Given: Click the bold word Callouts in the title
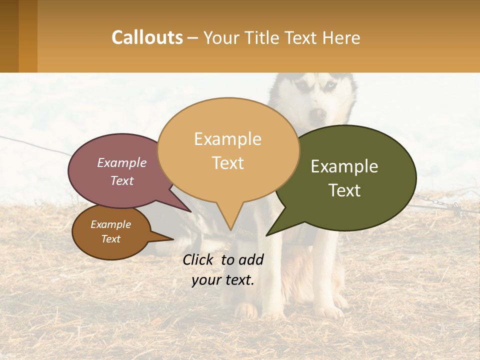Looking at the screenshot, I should pos(147,37).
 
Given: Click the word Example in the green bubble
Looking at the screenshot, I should pos(344,166).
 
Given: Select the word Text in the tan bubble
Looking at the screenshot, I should pos(228,163).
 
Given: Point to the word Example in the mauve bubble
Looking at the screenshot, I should pos(122,162).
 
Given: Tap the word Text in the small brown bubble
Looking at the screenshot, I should pos(111,239).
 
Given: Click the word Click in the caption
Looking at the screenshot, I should pos(198,259).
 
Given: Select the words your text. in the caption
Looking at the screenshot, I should pos(223,280).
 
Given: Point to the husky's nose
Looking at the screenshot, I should pos(316,114).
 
